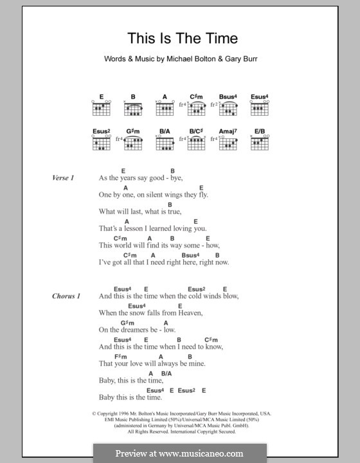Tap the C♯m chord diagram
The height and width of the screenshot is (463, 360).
pos(196,109)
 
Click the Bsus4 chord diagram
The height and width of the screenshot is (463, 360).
pos(228,109)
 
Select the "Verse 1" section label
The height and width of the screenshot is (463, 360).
pos(64,177)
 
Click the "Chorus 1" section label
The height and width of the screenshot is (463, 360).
pos(66,296)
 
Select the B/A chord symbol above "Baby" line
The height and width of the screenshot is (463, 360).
pos(166,373)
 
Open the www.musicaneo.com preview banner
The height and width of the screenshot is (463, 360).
pos(179,453)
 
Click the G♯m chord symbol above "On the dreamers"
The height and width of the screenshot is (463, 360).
pos(126,322)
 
